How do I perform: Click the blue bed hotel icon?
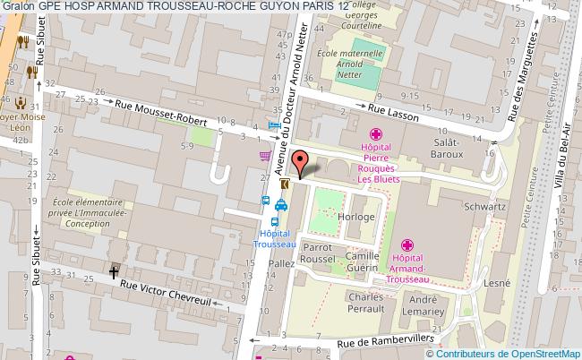point(274,125)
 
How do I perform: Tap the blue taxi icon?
point(281,203)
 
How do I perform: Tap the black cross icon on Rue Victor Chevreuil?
point(114,270)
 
